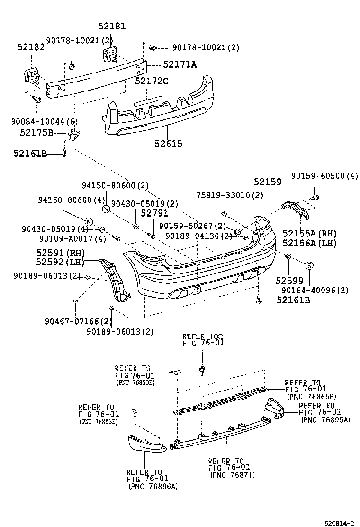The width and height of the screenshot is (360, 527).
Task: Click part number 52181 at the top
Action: pos(112,27)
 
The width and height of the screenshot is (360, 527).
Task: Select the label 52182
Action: pos(31,47)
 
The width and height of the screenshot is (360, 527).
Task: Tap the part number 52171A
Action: pos(180,64)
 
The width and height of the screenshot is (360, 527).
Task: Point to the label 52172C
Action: pos(152,81)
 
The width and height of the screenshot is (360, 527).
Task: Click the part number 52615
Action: pos(169,144)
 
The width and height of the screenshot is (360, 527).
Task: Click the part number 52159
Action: pos(267,182)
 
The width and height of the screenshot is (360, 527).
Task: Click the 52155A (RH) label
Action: pos(309,233)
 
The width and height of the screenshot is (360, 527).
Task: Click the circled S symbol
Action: pos(309,266)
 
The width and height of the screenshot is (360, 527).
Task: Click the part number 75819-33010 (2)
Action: pos(230,195)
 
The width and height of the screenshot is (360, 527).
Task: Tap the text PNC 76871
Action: pos(233,475)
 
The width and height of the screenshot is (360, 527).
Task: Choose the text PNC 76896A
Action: pos(153,486)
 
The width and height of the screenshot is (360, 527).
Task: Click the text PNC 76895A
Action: pos(326,419)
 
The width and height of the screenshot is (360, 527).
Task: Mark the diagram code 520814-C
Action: pos(339,523)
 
